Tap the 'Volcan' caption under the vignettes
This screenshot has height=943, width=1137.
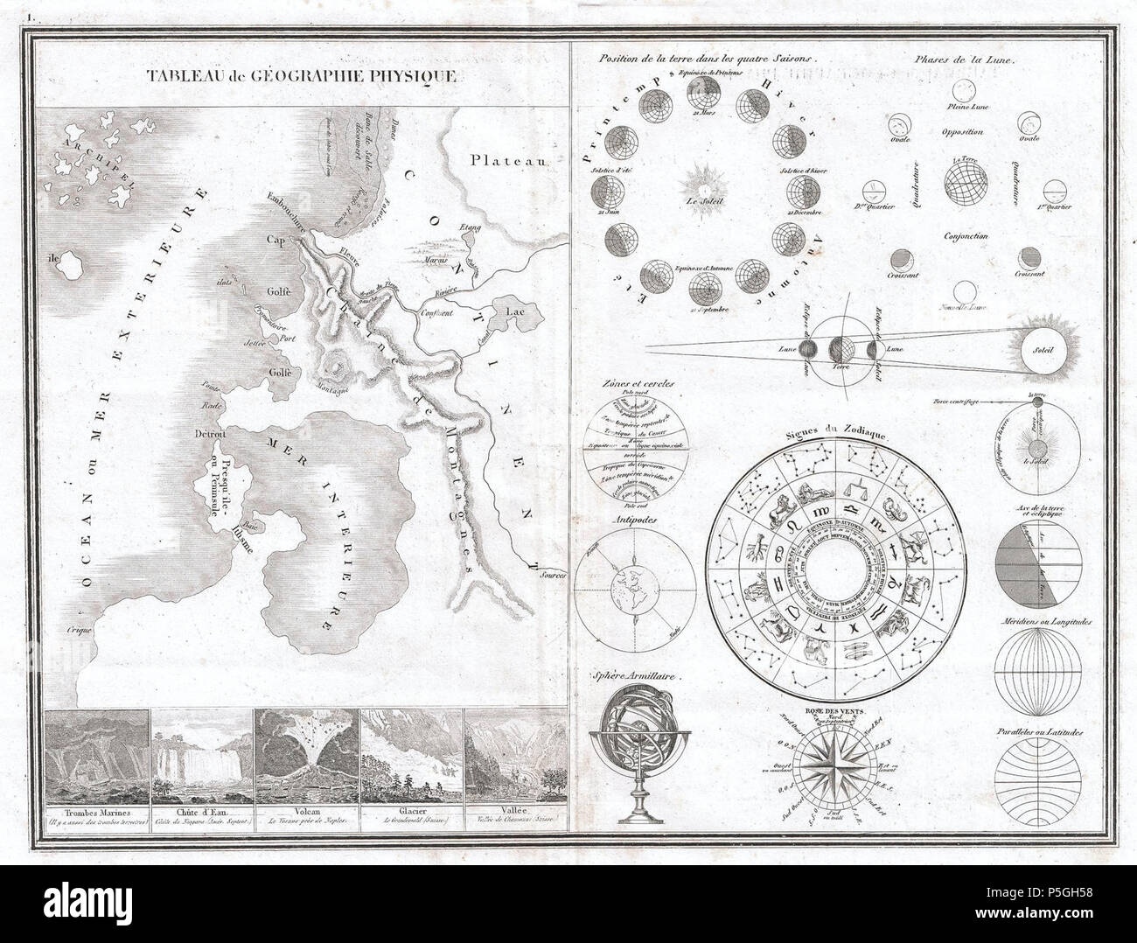coord(305,811)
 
